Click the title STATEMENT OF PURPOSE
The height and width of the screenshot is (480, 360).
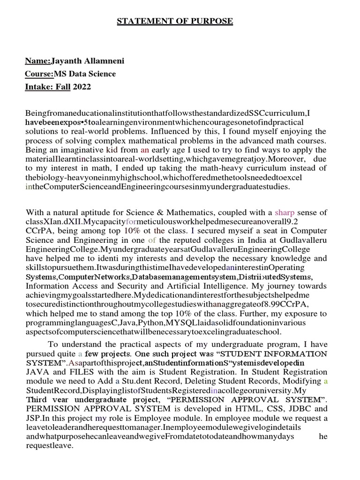click(x=181, y=21)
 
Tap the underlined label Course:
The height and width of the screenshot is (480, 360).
click(x=39, y=74)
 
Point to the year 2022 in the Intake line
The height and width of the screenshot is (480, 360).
click(x=82, y=87)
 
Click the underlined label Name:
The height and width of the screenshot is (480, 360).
click(x=38, y=61)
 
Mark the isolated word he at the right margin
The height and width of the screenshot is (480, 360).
click(x=323, y=436)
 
